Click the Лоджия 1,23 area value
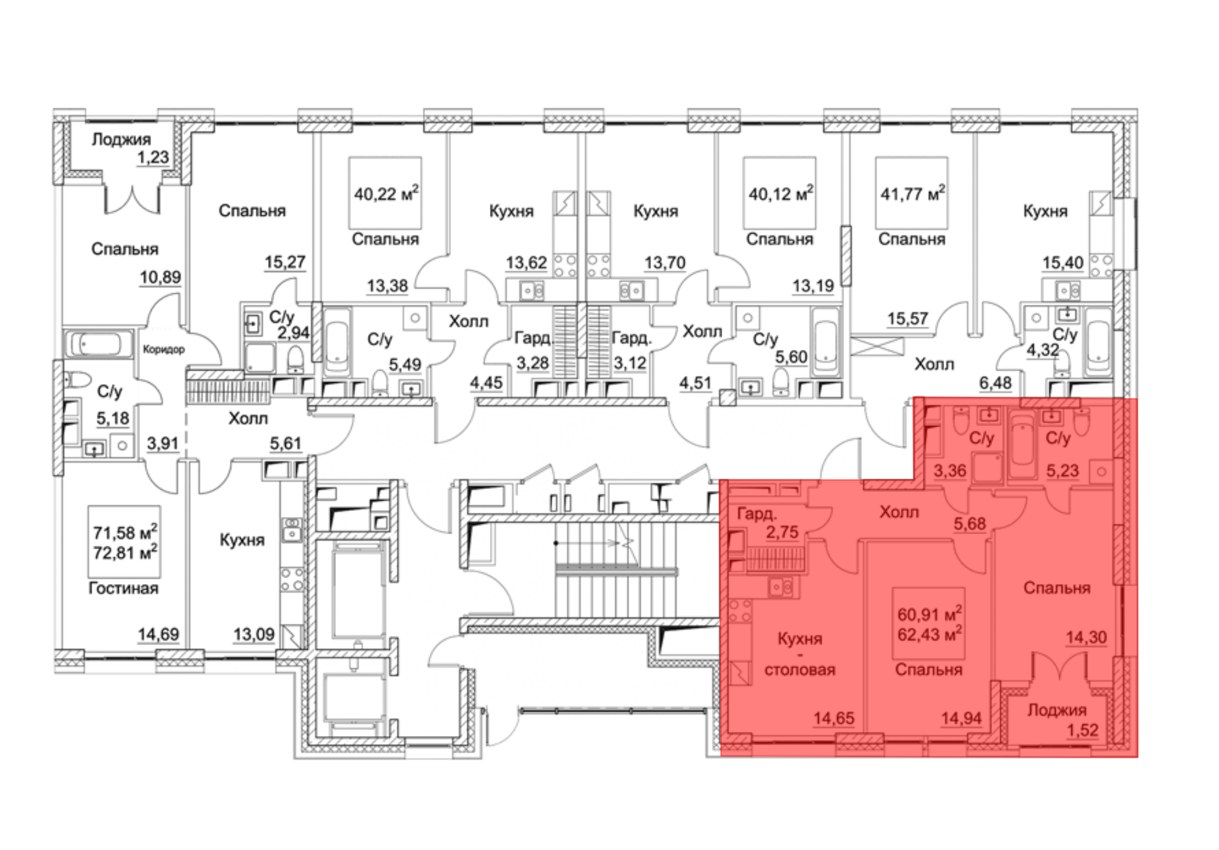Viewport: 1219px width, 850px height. coord(153,157)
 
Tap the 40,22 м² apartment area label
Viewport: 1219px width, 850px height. coord(386,193)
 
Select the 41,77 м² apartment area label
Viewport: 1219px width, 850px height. coord(912,193)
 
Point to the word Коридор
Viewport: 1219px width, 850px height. coord(163,349)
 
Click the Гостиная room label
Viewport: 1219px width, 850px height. coord(124,588)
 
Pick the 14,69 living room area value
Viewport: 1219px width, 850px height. coord(158,634)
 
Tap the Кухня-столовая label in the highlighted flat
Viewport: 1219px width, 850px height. coord(800,654)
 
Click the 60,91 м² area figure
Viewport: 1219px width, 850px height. coord(929,613)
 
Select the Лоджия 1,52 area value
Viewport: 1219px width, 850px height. coord(1082,730)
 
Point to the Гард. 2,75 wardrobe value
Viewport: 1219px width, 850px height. coord(782,532)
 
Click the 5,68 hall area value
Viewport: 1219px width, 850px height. coord(970,523)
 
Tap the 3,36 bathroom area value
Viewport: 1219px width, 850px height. coord(950,471)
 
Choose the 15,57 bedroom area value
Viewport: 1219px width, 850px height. coord(908,318)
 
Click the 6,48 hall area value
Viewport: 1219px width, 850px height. coord(995,383)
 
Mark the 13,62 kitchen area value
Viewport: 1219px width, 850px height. coord(527,263)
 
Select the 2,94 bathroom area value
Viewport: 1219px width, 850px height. coord(293,333)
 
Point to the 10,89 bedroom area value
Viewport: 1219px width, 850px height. coord(160,277)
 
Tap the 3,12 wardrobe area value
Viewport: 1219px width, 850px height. coord(630,363)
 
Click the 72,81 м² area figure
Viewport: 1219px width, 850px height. coord(125,553)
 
